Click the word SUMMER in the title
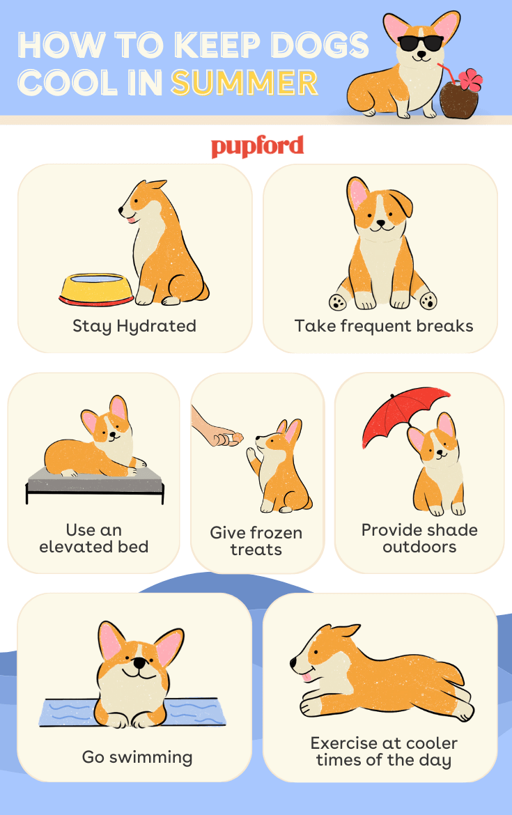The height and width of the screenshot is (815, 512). (245, 83)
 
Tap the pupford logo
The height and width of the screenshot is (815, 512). (257, 146)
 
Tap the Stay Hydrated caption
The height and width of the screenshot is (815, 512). (134, 326)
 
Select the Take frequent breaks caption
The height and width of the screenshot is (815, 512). (384, 326)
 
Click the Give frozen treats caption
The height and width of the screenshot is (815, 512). (256, 541)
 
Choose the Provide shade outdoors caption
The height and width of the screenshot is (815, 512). (419, 538)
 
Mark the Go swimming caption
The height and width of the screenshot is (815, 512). (137, 757)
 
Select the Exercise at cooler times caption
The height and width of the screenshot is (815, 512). (384, 752)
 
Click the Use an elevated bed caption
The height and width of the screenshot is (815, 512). (94, 538)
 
